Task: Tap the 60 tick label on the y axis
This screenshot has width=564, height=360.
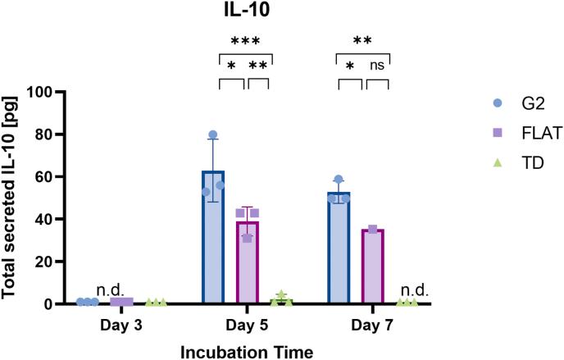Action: pyautogui.click(x=53, y=176)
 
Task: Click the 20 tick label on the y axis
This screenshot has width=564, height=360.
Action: pyautogui.click(x=53, y=262)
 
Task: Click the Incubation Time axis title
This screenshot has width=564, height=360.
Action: pyautogui.click(x=247, y=350)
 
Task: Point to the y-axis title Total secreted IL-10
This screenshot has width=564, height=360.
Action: pyautogui.click(x=15, y=197)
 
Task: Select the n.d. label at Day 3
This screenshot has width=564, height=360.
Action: pyautogui.click(x=109, y=289)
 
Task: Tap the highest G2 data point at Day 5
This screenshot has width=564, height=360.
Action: pyautogui.click(x=213, y=134)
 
